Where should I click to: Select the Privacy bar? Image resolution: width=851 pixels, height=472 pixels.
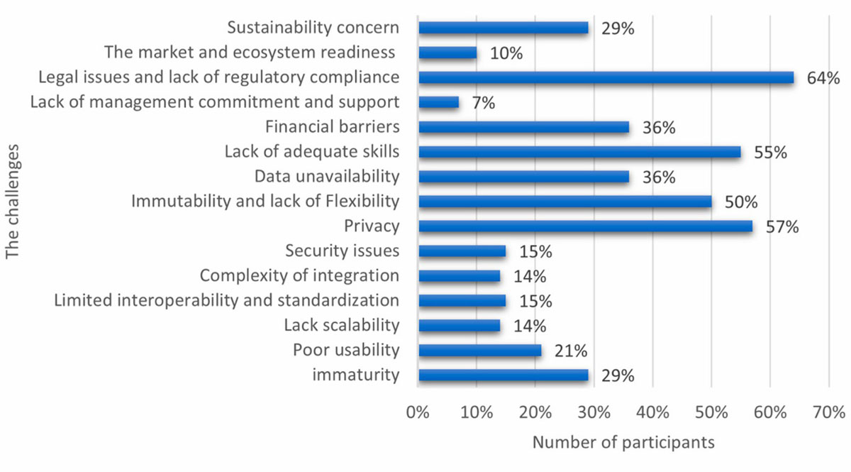(585, 226)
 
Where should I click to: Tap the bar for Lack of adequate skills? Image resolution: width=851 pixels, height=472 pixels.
(579, 152)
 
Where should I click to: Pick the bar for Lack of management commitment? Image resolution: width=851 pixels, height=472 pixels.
(439, 102)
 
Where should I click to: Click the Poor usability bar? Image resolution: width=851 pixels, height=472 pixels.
(480, 351)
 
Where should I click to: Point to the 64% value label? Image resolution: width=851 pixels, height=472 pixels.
(823, 77)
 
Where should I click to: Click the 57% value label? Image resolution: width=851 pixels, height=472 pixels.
(783, 227)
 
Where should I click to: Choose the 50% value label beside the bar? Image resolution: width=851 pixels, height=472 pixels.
(742, 202)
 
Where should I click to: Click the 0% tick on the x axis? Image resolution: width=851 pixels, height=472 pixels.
(418, 412)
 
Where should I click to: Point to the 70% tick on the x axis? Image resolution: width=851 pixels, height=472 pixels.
(828, 412)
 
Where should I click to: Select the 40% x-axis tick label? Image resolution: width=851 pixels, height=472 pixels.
(652, 412)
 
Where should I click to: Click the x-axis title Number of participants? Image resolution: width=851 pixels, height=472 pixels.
(623, 442)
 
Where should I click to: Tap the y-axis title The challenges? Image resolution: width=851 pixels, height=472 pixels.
(12, 202)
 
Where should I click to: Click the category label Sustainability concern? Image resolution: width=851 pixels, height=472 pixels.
(313, 28)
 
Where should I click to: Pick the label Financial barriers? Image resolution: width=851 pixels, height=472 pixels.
(332, 127)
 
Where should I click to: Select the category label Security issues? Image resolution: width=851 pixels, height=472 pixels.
(342, 251)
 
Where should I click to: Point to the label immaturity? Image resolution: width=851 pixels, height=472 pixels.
(355, 375)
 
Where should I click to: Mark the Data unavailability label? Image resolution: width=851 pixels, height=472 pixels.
(327, 177)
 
